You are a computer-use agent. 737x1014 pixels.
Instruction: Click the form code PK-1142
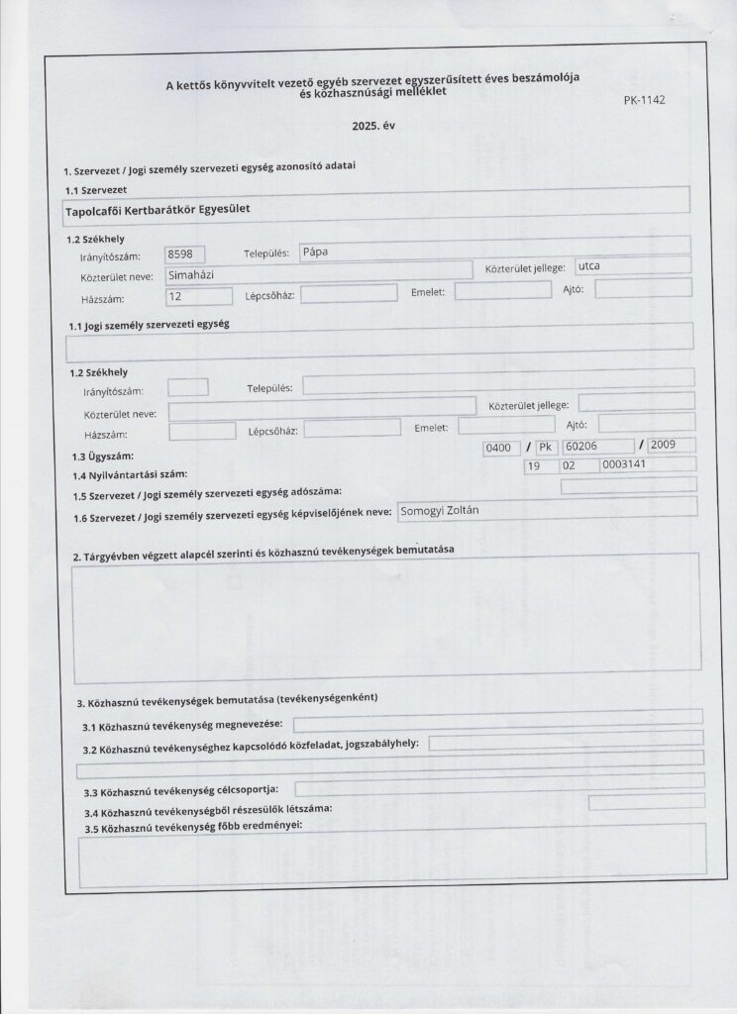coord(645,100)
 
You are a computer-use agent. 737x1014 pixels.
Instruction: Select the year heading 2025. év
coord(372,128)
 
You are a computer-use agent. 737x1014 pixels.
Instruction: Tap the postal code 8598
coord(183,253)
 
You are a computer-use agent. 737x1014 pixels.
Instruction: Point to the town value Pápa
coord(318,251)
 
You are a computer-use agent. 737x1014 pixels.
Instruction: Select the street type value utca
coord(590,266)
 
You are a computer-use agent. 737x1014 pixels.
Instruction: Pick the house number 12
coord(177,295)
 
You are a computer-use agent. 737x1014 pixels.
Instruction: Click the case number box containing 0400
coord(497,448)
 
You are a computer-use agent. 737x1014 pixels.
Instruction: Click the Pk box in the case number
coord(548,447)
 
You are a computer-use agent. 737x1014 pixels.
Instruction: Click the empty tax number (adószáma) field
coord(628,484)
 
